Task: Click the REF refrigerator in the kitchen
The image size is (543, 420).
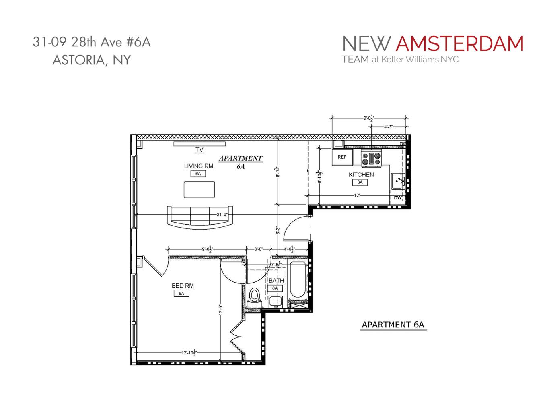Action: (342, 157)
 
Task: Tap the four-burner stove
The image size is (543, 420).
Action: (371, 158)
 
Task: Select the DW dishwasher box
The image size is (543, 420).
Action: (397, 198)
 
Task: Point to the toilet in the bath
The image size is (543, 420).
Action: (254, 296)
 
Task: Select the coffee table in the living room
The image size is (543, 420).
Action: (199, 189)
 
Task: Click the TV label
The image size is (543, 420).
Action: (199, 150)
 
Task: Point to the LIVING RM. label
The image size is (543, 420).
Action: (199, 166)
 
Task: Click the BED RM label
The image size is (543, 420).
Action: (183, 286)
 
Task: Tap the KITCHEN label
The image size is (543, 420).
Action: (361, 175)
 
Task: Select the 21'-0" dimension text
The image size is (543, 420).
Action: (222, 215)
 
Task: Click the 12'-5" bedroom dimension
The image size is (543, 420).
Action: (220, 312)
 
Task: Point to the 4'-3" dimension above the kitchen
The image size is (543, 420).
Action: (388, 127)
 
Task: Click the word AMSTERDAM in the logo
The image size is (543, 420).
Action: (459, 44)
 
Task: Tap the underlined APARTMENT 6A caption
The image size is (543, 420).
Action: (393, 325)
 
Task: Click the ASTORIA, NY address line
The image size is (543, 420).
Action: (92, 60)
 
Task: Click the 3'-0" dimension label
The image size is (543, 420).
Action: (258, 249)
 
